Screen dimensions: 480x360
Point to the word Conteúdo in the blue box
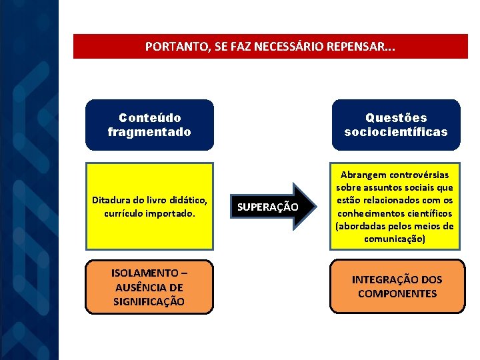149,117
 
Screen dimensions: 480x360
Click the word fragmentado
149,131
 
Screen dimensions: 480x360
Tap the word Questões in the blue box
396,117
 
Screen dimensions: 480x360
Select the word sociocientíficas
396,131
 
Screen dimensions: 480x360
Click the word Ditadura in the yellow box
113,200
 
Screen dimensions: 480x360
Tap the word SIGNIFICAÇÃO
149,301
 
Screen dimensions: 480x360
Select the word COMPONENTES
397,293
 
